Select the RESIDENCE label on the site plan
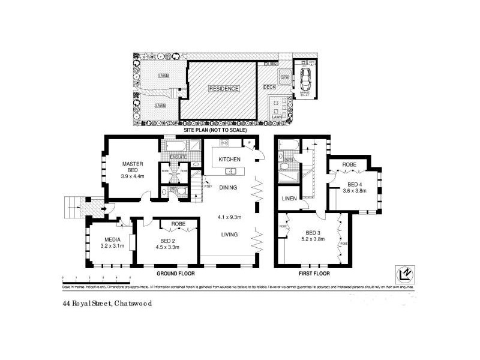point(224,89)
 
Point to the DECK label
point(269,87)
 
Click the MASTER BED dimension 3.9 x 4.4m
point(131,176)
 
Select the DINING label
point(229,188)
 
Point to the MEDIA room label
point(110,239)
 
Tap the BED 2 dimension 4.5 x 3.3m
point(168,246)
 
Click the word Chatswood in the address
point(132,304)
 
